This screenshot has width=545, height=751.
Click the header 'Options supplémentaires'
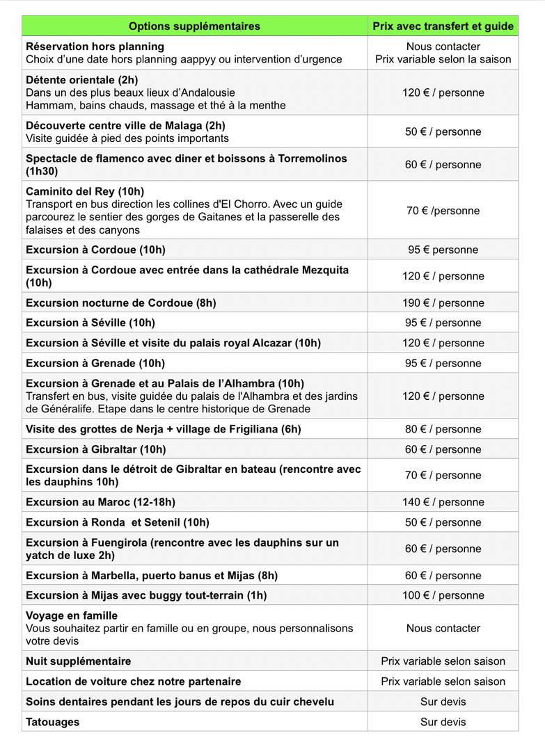[x=194, y=26]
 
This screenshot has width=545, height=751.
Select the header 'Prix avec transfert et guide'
[x=443, y=26]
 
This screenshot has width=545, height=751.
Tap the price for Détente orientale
[x=443, y=92]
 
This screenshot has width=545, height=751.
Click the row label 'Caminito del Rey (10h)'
[x=85, y=191]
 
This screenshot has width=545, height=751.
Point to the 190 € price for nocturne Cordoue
[x=443, y=302]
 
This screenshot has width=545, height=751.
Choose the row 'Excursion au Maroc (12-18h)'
[x=100, y=502]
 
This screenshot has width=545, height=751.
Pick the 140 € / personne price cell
[x=443, y=502]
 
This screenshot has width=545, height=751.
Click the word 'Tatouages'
[x=53, y=722]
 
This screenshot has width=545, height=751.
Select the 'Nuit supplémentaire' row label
[x=78, y=661]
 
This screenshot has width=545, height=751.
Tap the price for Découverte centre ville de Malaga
[x=443, y=131]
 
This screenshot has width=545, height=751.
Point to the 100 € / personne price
[x=443, y=595]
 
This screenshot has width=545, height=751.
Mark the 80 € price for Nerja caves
[x=443, y=429]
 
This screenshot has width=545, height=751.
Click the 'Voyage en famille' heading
[x=72, y=615]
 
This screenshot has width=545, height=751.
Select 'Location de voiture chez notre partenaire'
[x=134, y=681]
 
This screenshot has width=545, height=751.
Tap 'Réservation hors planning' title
[x=95, y=47]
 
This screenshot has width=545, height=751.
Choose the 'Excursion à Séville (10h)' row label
[x=90, y=323]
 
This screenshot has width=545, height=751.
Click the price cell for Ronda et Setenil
[x=443, y=522]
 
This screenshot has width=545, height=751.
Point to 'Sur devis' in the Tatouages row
[x=443, y=722]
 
